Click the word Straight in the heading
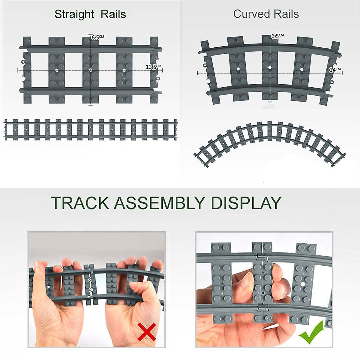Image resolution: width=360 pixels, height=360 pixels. tap(74, 14)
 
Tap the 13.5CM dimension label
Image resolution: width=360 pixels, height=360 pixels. tap(153, 67)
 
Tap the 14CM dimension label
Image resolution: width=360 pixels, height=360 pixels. tap(335, 70)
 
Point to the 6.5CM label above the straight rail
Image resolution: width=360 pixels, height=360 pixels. tap(97, 37)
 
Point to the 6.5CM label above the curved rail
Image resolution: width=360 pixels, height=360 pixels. tap(277, 36)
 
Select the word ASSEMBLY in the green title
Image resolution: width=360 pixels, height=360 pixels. tap(159, 203)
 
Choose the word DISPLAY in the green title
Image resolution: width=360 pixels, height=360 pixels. tap(246, 203)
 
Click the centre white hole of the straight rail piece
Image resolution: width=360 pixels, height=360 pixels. tap(91, 70)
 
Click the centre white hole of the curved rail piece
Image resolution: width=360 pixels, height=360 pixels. tap(270, 68)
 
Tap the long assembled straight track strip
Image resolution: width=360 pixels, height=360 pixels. tap(90, 130)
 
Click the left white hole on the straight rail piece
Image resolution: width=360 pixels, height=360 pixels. tap(57, 70)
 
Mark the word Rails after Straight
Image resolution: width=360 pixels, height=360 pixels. tap(113, 14)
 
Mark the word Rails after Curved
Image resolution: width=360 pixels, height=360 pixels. tap(285, 14)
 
